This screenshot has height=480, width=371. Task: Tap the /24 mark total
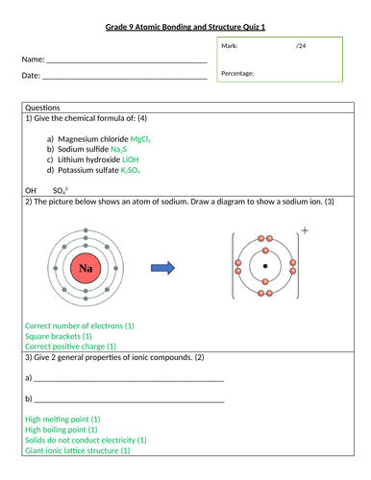[301, 46]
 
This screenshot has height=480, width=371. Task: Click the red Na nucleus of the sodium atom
[87, 267]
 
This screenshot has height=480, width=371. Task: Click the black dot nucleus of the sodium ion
[265, 266]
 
